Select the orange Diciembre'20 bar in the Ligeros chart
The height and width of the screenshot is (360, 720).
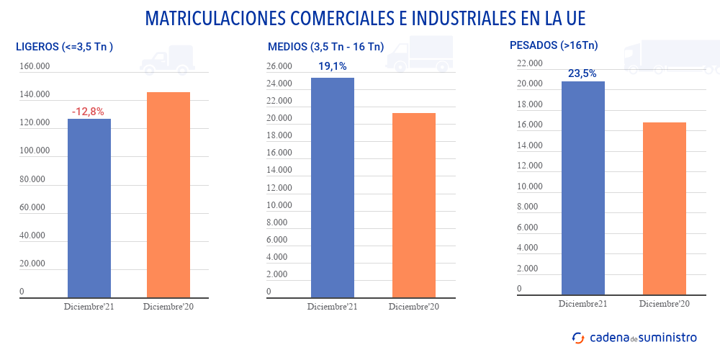[x=168, y=194]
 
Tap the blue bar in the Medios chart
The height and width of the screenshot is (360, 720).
[x=333, y=187]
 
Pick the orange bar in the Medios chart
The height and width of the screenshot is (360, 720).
[x=414, y=204]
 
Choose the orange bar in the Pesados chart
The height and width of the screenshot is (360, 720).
[x=665, y=209]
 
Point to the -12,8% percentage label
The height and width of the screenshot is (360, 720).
[x=88, y=112]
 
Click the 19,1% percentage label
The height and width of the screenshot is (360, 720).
[x=332, y=66]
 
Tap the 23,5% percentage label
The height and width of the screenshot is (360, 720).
[x=582, y=73]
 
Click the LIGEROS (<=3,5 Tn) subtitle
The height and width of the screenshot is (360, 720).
[x=65, y=48]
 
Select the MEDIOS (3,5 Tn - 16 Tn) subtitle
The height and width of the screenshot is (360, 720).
[x=325, y=48]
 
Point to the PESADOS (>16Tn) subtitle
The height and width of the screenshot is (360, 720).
[x=554, y=45]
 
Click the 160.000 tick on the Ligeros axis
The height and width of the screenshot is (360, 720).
[x=35, y=67]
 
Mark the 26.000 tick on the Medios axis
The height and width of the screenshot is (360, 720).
[x=279, y=66]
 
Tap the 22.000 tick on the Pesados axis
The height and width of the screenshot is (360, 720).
[x=529, y=63]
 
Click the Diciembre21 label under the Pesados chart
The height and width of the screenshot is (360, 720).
[x=582, y=303]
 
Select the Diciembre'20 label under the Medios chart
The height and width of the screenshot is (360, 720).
[x=413, y=307]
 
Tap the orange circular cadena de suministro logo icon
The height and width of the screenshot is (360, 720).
[x=578, y=337]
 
